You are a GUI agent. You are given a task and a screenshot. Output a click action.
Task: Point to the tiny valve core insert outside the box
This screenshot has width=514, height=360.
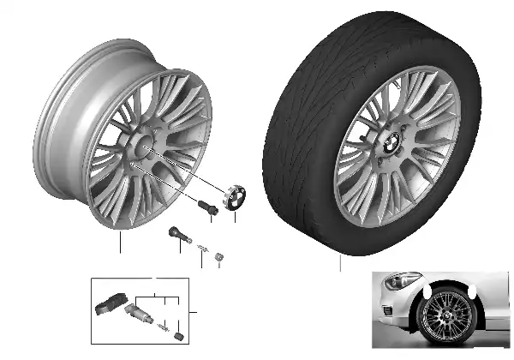pos(200,248)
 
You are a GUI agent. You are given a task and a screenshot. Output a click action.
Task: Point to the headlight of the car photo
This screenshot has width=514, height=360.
pos(401,282)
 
